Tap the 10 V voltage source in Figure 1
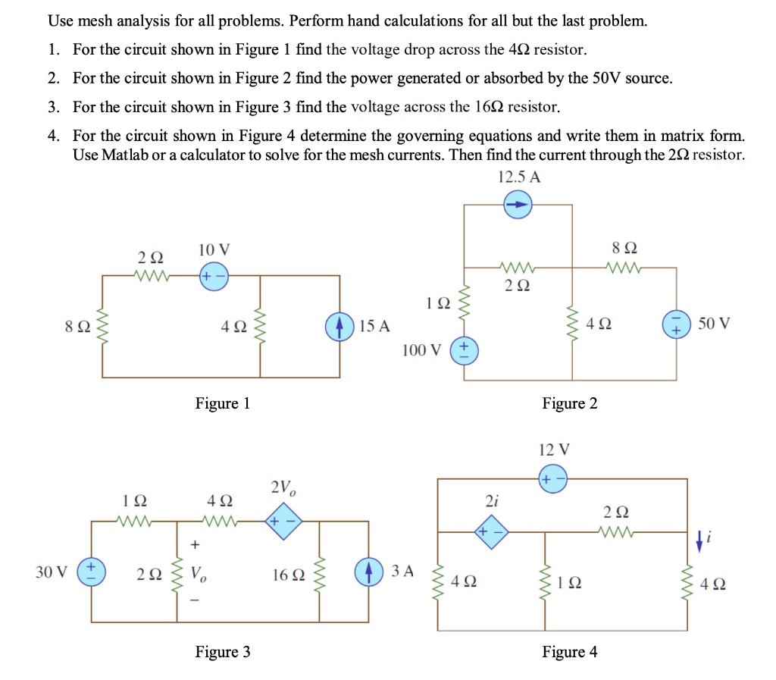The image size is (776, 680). point(211,275)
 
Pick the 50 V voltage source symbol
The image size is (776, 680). point(675,326)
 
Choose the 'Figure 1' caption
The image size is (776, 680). point(222,403)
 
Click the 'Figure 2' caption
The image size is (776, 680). point(569,403)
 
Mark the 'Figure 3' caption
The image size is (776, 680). point(222,652)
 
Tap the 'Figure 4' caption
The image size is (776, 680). point(569,652)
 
